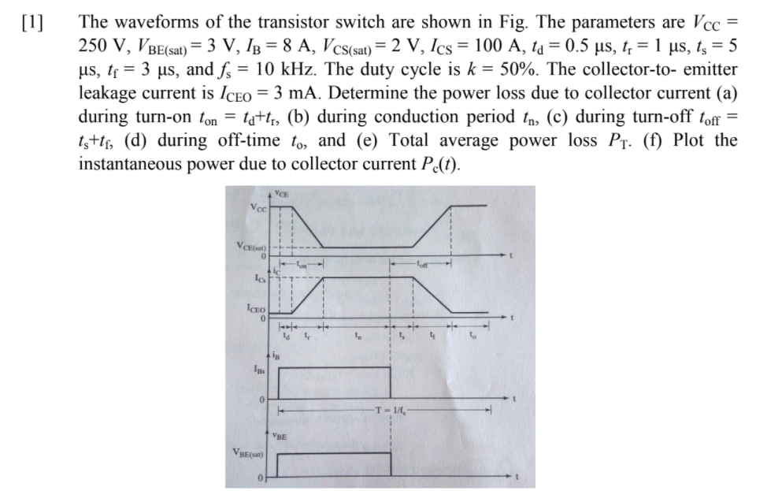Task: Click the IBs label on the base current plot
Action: tap(257, 366)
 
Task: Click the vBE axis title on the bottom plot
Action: tap(280, 435)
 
